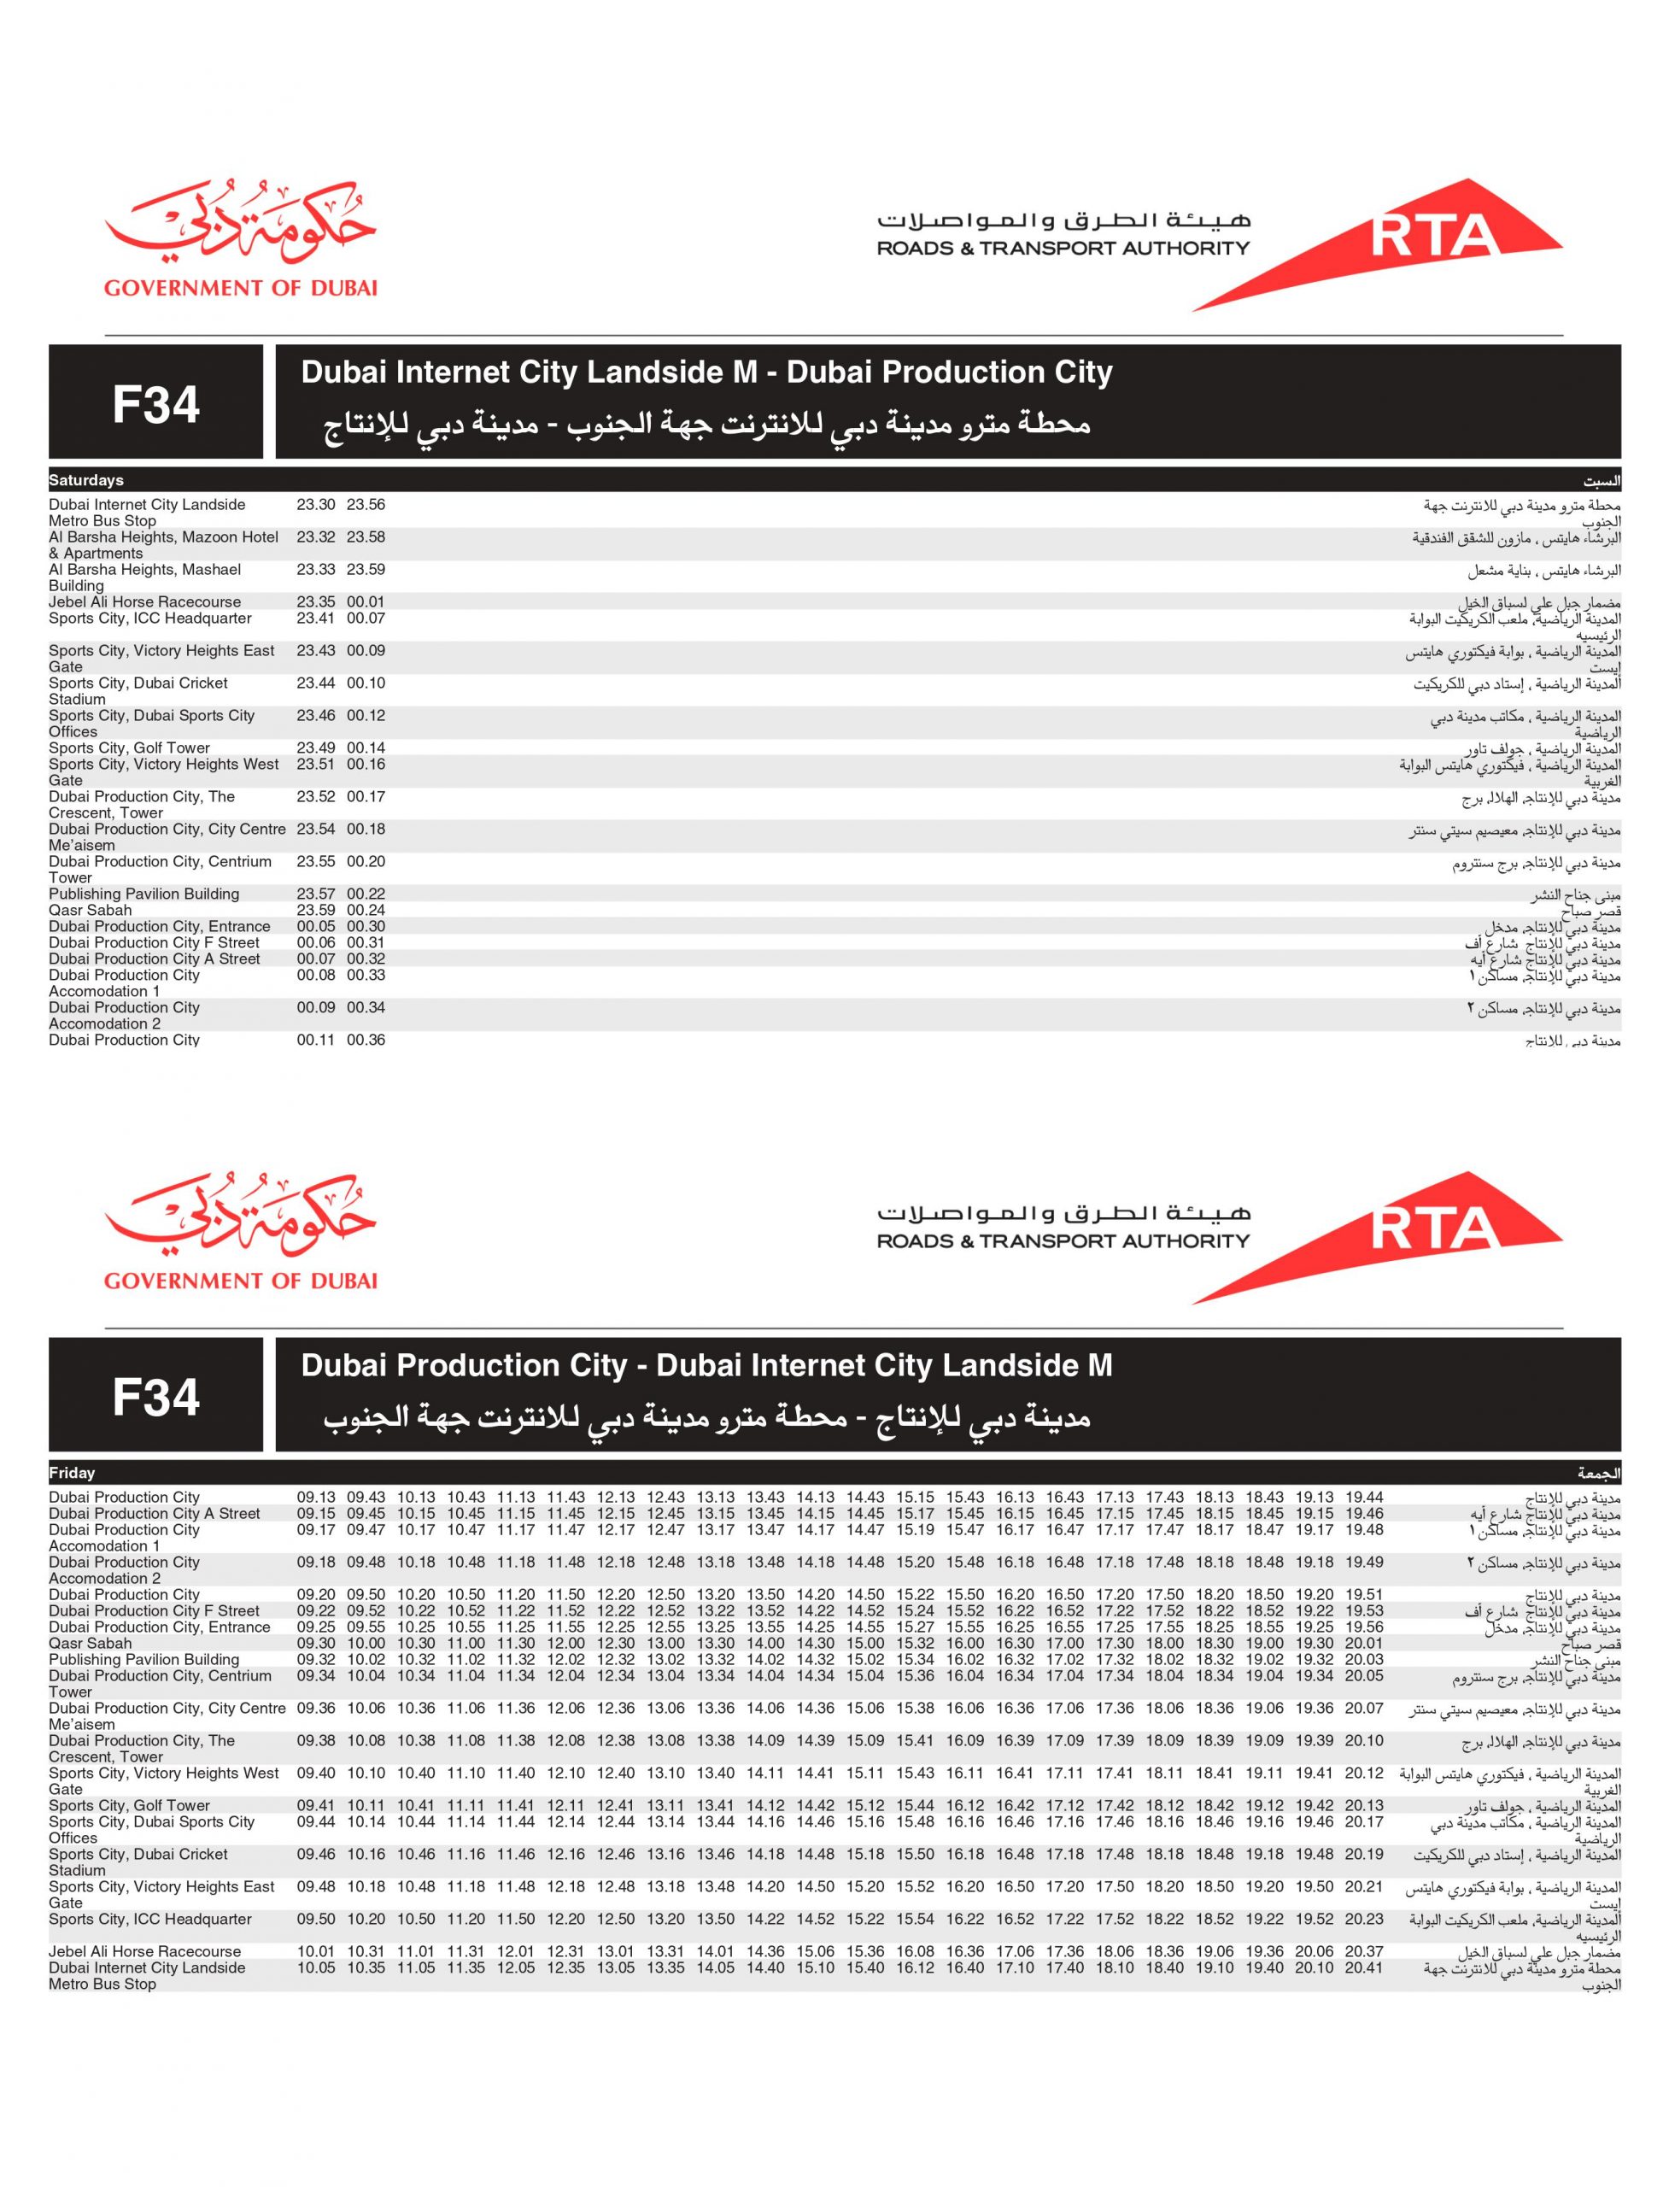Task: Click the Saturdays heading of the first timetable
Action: tap(86, 480)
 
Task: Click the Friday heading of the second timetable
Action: tap(73, 1473)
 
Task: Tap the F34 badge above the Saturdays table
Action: tap(156, 403)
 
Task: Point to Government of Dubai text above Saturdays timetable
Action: tap(240, 288)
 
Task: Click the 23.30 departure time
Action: tap(316, 505)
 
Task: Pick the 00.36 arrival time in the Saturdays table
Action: tap(366, 1040)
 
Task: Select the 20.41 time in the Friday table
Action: tap(1364, 1967)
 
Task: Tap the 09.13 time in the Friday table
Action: tap(316, 1498)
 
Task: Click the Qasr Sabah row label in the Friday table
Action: tap(91, 1644)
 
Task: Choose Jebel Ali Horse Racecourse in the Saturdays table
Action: tap(145, 602)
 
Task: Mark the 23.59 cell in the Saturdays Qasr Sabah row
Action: tap(316, 910)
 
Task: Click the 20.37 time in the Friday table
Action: tap(1364, 1951)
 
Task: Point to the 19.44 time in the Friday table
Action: tap(1364, 1498)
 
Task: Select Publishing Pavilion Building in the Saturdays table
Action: tap(144, 894)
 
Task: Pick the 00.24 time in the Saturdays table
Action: tap(366, 910)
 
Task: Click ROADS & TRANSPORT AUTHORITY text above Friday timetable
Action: tap(1063, 1240)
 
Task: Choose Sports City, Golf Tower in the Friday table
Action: tap(130, 1805)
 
